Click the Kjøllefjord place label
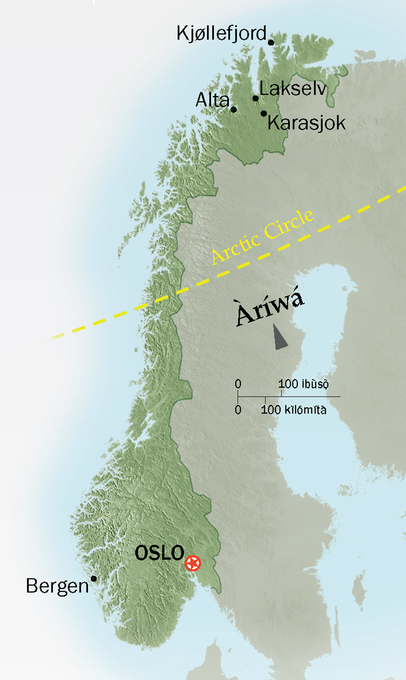221,34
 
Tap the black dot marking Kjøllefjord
271,42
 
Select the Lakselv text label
293,88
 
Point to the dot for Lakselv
255,98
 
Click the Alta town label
212,100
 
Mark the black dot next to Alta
234,109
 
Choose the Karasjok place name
306,123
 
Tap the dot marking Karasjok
263,114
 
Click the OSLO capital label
159,553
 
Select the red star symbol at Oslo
193,563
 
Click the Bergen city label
57,586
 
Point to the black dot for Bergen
94,578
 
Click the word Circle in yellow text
289,224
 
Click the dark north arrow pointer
280,338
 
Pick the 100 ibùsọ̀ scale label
303,384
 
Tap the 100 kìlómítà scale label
294,410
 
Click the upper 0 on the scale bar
238,384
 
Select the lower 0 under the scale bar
238,410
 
